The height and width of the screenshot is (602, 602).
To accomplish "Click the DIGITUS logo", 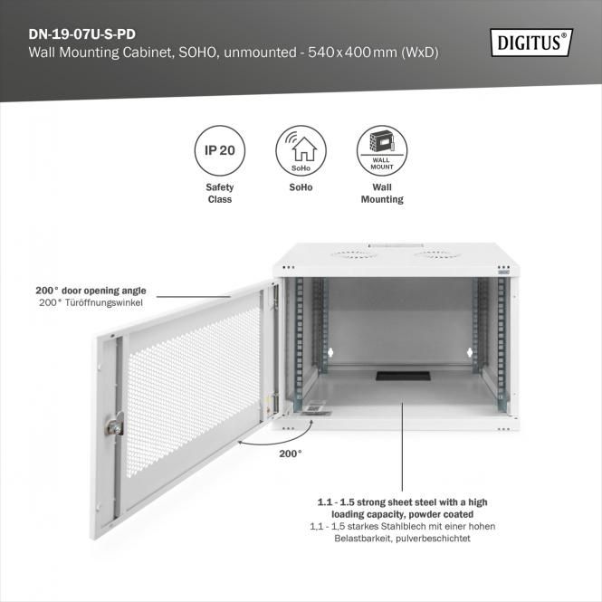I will [531, 41].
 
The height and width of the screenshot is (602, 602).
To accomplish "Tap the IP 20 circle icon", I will [214, 149].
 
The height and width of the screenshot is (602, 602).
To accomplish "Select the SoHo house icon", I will [301, 148].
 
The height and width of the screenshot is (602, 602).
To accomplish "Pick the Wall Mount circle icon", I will [381, 149].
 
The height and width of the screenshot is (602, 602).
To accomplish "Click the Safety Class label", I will [214, 193].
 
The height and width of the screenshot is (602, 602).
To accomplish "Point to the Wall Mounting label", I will [381, 193].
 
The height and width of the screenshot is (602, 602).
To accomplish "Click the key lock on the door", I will [116, 423].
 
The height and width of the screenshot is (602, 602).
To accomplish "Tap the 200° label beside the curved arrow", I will [290, 454].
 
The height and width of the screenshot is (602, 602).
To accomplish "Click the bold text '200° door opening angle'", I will [91, 291].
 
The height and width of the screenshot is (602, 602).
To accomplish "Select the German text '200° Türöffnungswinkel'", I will [91, 302].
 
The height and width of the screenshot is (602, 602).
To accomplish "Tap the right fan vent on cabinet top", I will [434, 254].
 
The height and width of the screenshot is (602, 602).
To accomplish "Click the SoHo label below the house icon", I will [301, 187].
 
